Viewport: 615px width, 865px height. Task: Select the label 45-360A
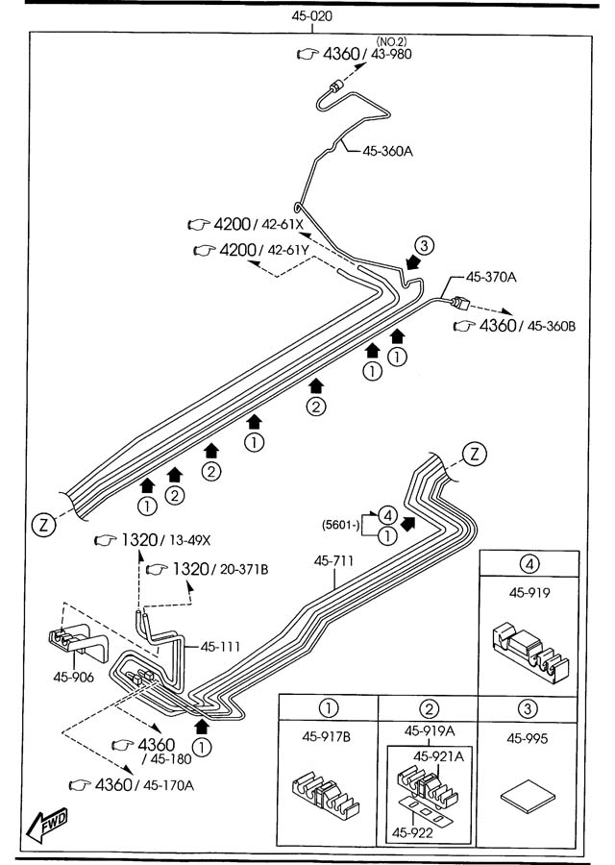tap(388, 150)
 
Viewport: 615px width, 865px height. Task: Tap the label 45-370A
tap(492, 277)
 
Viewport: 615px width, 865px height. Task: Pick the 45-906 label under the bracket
tap(74, 675)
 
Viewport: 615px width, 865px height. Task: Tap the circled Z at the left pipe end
tap(43, 524)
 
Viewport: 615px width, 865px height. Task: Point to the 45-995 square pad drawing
tap(528, 797)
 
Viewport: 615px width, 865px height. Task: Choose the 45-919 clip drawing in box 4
tap(528, 649)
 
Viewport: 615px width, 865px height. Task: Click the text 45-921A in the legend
tap(439, 756)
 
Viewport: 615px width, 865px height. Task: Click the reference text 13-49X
tap(192, 541)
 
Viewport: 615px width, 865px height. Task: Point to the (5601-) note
tap(341, 525)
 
